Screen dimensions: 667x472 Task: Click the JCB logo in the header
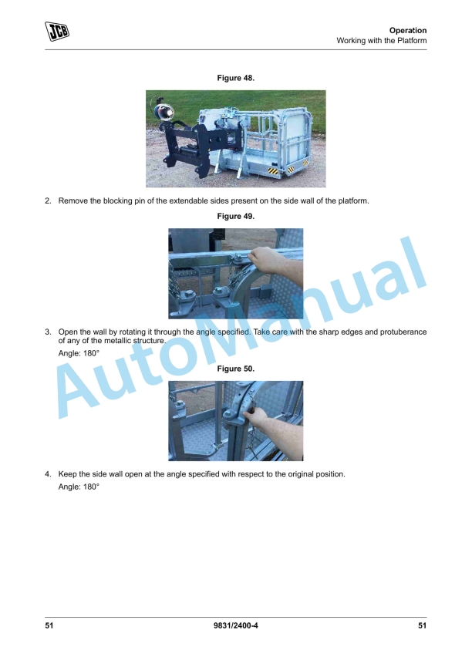[x=56, y=32]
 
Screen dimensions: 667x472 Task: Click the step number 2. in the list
[x=48, y=201]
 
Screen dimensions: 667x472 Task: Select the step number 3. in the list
[x=48, y=332]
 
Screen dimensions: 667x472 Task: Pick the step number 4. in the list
[x=48, y=474]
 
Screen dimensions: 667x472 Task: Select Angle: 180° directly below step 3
[x=79, y=353]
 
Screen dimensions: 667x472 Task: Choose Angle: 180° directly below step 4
[x=79, y=488]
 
